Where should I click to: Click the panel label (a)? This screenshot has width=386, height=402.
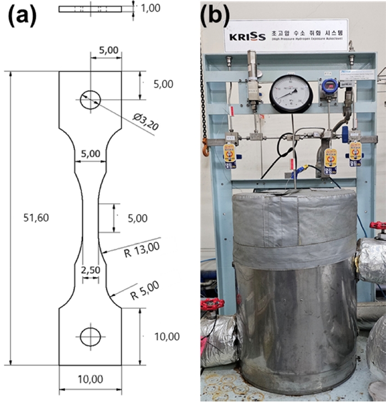(x=21, y=17)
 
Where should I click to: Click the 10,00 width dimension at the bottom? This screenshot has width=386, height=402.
(x=90, y=379)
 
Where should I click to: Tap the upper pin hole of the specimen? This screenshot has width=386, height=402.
(x=90, y=99)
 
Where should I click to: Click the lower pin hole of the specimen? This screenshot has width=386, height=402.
(x=90, y=336)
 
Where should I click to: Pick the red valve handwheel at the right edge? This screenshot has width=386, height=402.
(x=379, y=228)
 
